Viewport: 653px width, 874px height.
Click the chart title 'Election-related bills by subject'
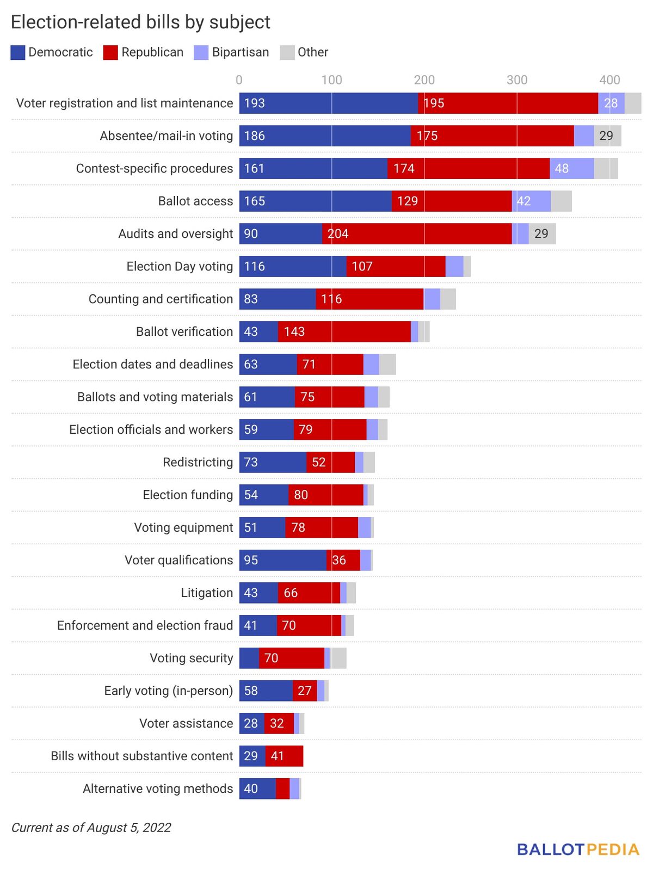pyautogui.click(x=140, y=22)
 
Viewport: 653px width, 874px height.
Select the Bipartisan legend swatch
pyautogui.click(x=201, y=52)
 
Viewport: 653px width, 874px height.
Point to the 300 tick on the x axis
pyautogui.click(x=516, y=80)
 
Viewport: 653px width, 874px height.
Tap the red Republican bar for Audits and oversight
pyautogui.click(x=416, y=233)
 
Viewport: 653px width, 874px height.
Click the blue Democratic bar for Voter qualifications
pyautogui.click(x=282, y=560)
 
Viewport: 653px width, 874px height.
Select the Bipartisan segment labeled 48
pyautogui.click(x=571, y=168)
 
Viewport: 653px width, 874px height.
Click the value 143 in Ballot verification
pyautogui.click(x=294, y=331)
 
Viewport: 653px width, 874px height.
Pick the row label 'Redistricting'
pyautogui.click(x=198, y=462)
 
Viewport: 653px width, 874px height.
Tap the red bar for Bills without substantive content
pyautogui.click(x=284, y=756)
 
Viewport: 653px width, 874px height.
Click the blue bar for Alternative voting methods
pyautogui.click(x=257, y=789)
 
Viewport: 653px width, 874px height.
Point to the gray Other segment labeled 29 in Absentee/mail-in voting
pyautogui.click(x=607, y=136)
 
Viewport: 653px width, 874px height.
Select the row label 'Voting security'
pyautogui.click(x=191, y=658)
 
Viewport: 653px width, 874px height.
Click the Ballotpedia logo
pyautogui.click(x=578, y=850)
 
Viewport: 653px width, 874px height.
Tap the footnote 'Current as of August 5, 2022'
pyautogui.click(x=91, y=828)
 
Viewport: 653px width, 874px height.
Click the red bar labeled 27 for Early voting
pyautogui.click(x=305, y=691)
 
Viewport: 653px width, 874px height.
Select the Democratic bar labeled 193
pyautogui.click(x=328, y=103)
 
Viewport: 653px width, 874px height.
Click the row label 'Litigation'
pyautogui.click(x=207, y=593)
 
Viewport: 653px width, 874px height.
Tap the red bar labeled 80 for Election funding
pyautogui.click(x=325, y=495)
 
